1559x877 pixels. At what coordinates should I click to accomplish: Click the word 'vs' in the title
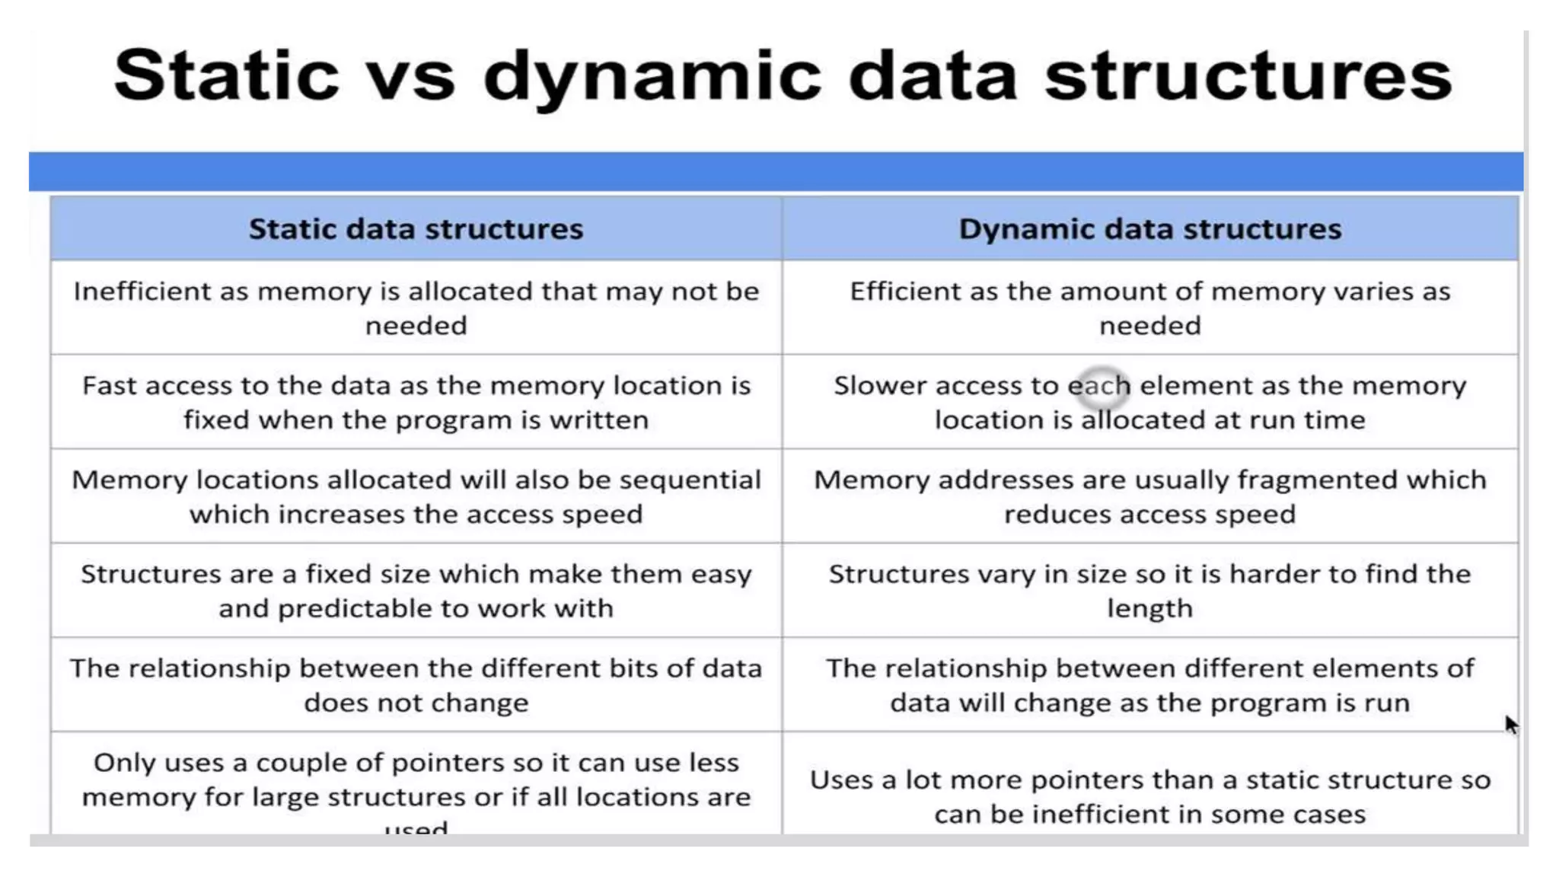coord(412,76)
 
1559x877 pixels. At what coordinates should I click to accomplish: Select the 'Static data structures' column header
coord(416,229)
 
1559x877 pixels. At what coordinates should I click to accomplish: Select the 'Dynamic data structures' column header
coord(1149,229)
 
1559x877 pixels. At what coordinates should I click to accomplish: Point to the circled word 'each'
coord(1099,386)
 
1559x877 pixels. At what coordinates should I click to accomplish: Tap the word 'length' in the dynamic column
coord(1149,609)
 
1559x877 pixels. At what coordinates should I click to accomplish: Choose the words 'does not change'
coord(416,703)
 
